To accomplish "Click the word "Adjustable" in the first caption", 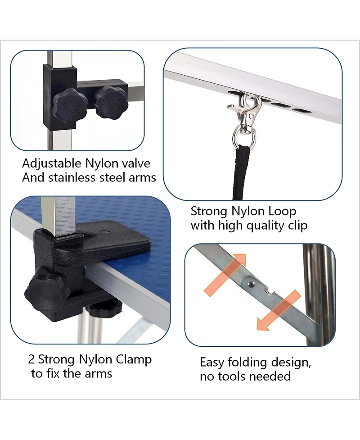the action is [x=52, y=164].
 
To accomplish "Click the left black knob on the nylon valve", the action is [x=66, y=105].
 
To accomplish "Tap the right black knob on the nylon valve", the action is [x=111, y=102].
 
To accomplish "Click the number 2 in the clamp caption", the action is [x=31, y=359].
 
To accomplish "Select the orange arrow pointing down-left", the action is [x=279, y=310].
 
